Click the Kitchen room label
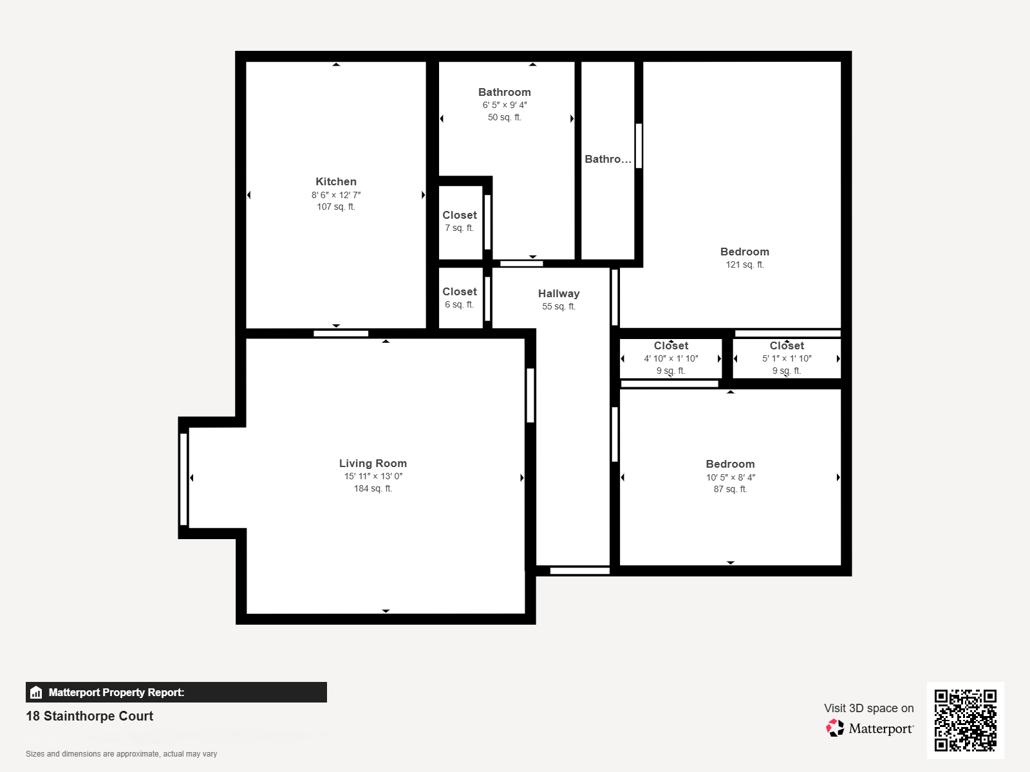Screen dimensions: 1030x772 [335, 181]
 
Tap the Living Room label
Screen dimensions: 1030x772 [373, 463]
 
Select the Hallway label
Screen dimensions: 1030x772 [559, 293]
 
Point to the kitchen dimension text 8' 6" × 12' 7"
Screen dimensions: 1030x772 [336, 194]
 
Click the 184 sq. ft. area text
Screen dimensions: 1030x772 [373, 488]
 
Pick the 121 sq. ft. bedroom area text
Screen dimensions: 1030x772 [745, 264]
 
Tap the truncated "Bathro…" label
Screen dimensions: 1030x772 [608, 159]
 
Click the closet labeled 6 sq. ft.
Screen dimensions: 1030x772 [460, 297]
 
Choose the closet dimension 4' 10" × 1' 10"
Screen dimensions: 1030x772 [671, 358]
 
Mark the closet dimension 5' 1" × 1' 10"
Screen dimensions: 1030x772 [787, 358]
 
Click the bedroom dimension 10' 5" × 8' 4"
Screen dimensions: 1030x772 [731, 477]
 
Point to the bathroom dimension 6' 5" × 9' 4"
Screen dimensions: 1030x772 [505, 105]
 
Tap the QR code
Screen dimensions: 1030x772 [965, 721]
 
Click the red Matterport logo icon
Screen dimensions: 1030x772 [835, 728]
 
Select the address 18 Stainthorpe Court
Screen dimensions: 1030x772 [89, 716]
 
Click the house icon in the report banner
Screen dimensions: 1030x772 [36, 692]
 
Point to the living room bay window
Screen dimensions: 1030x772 [183, 479]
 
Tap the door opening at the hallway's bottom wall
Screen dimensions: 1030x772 [579, 571]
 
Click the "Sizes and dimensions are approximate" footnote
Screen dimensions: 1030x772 [121, 754]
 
